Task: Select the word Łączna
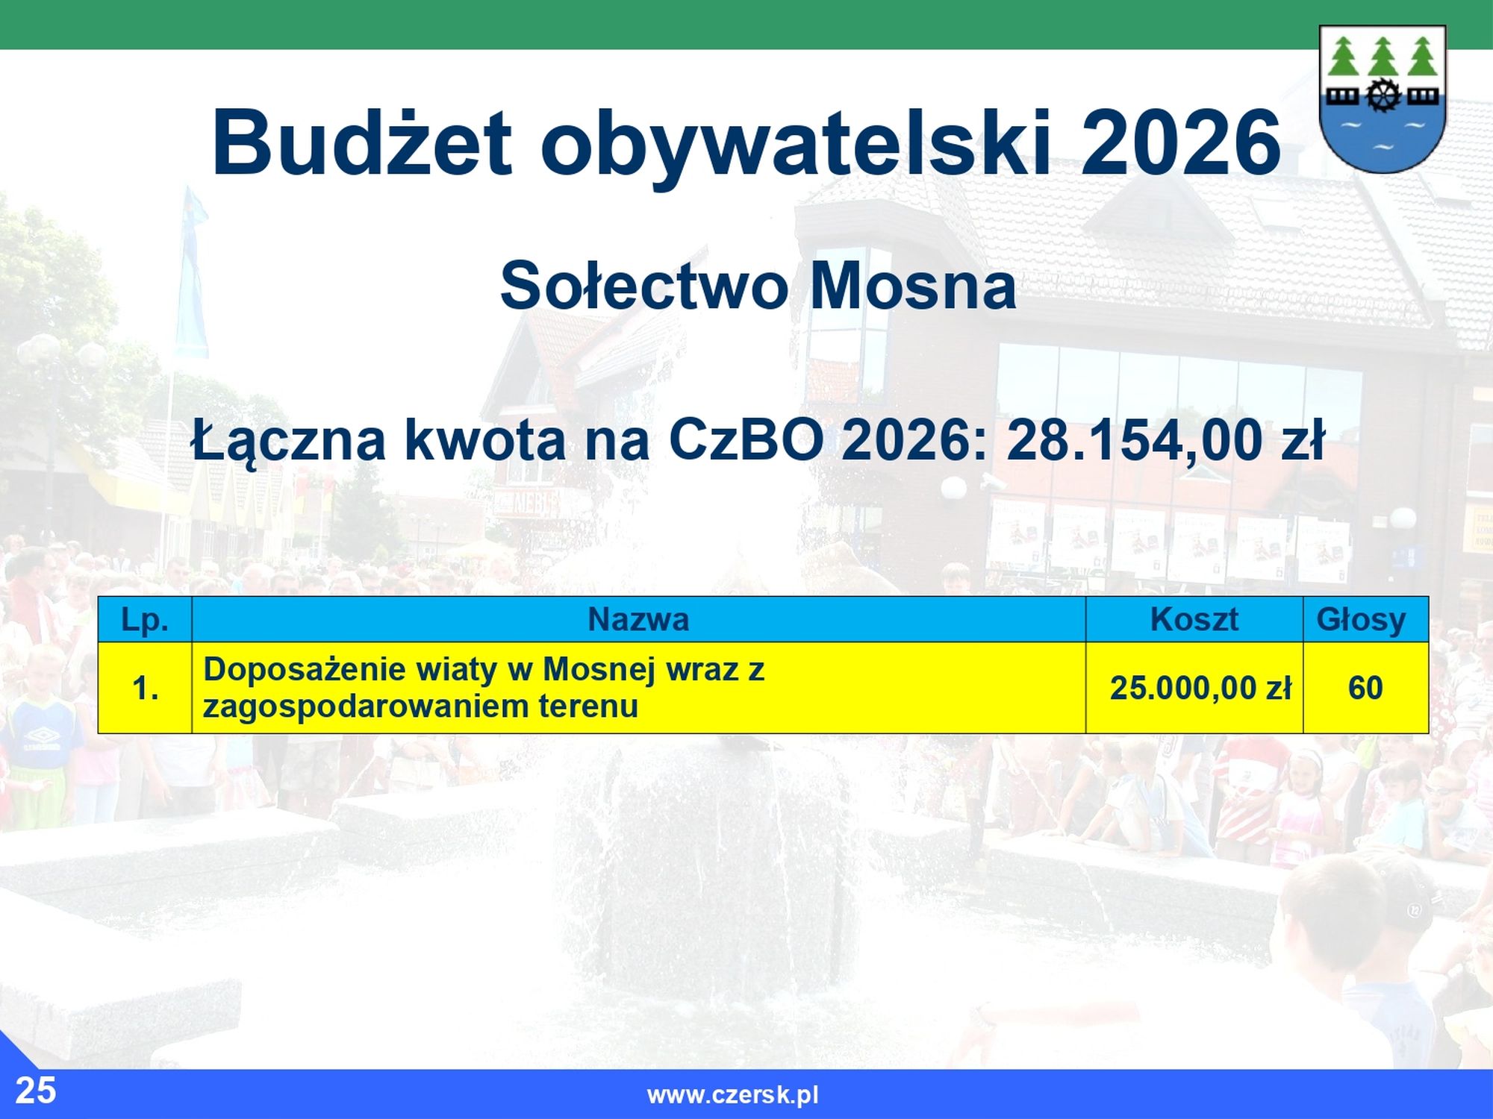(x=289, y=442)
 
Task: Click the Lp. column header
(x=145, y=619)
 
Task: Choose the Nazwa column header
(x=638, y=619)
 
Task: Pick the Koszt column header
(x=1194, y=619)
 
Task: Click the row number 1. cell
(x=146, y=688)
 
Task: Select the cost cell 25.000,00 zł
(x=1200, y=688)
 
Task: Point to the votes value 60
(x=1365, y=688)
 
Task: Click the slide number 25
(x=36, y=1091)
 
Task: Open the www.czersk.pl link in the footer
(x=733, y=1095)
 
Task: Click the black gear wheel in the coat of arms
(x=1383, y=95)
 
